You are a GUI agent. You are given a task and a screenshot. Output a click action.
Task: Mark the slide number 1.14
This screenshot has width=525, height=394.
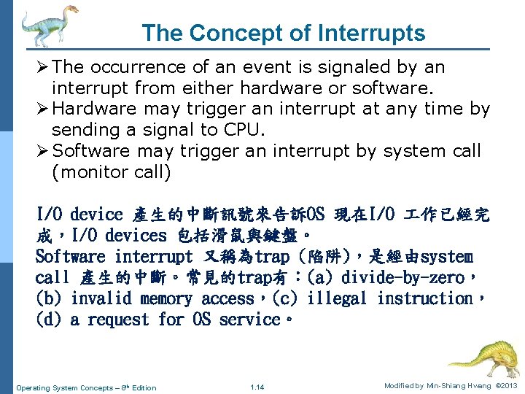257,387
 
